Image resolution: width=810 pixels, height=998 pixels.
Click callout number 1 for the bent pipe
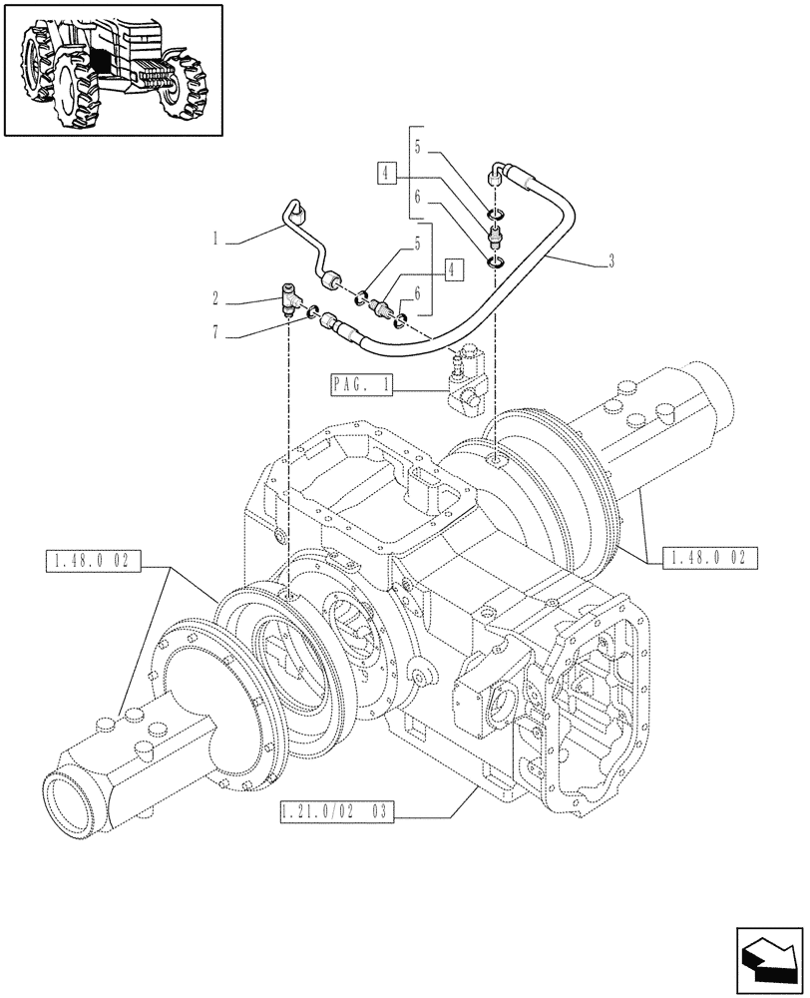215,239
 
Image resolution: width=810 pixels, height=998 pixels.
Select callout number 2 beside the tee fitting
215,298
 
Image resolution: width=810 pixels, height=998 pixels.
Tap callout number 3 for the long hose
609,262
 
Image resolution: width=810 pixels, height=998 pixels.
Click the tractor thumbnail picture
113,70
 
